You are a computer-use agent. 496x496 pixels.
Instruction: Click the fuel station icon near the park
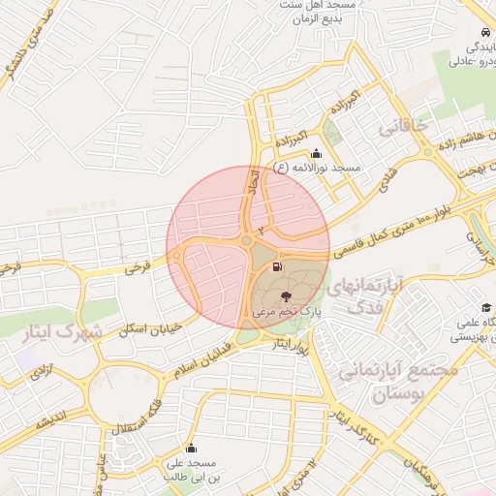279,266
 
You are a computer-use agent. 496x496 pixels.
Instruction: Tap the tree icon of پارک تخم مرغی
285,295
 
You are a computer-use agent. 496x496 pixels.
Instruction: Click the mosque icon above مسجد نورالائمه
315,153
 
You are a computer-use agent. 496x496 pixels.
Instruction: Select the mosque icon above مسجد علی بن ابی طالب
191,449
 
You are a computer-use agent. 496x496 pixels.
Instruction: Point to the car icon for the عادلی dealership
483,32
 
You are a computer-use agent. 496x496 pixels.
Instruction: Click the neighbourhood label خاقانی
401,126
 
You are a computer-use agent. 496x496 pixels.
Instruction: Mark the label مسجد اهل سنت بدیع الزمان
333,11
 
